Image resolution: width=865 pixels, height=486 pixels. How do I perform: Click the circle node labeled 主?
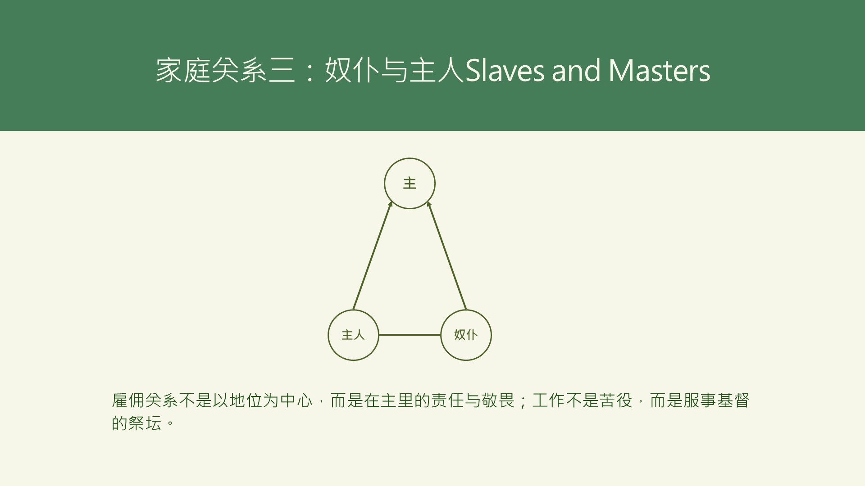point(410,183)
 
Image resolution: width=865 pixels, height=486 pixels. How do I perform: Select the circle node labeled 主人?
point(353,335)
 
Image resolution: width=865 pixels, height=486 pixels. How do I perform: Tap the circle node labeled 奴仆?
point(466,335)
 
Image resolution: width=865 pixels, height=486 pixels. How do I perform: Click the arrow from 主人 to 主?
point(372,256)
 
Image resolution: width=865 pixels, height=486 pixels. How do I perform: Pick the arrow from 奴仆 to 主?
point(447,256)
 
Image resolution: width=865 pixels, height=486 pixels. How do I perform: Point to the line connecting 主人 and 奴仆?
point(410,335)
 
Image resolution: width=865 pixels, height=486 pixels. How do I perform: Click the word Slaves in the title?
point(505,71)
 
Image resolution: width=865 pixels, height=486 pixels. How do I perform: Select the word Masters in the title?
point(659,71)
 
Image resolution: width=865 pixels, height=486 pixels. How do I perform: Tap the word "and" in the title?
point(576,71)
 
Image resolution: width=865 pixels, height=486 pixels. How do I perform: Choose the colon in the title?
point(310,72)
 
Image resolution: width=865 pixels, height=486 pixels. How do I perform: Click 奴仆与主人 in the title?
point(394,71)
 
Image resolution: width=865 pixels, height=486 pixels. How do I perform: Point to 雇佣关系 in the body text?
point(145,400)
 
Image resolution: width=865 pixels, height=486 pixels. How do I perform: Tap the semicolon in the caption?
point(523,401)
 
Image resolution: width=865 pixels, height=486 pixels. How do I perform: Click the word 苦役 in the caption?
point(616,400)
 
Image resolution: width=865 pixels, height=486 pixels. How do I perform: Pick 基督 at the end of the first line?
point(733,400)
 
